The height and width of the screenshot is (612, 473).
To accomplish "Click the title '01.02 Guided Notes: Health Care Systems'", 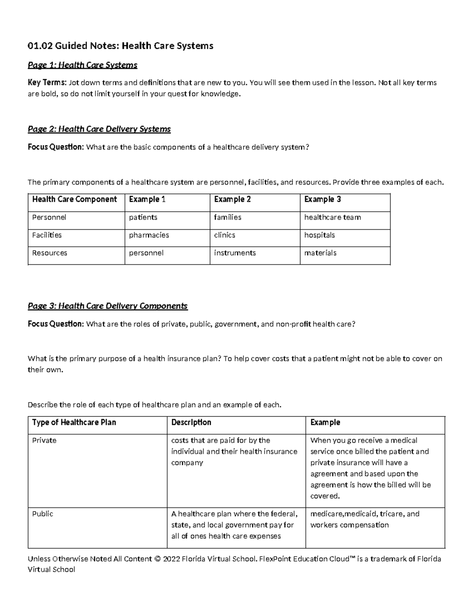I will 120,46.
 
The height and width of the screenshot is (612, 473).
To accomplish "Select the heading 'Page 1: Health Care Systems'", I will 82,65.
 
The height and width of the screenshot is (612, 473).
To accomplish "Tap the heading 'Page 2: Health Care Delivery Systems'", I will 99,129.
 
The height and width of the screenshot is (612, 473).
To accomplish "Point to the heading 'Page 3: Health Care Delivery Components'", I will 108,306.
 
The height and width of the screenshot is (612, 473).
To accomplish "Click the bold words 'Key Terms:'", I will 47,83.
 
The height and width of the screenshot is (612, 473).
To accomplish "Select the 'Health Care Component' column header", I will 74,199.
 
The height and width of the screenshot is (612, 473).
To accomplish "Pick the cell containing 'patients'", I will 143,218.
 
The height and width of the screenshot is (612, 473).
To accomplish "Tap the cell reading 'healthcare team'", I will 332,218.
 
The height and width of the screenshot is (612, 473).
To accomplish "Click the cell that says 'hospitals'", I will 319,235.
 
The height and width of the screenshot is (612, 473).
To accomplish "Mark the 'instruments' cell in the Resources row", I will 235,253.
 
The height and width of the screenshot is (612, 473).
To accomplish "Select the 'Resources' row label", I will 50,253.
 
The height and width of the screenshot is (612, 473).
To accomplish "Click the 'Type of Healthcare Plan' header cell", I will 74,422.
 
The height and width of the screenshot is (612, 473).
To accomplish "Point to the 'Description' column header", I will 191,422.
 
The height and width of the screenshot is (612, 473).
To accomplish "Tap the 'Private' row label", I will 44,441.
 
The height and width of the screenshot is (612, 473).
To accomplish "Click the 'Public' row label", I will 43,514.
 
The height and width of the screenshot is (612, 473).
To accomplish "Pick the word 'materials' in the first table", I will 320,253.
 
